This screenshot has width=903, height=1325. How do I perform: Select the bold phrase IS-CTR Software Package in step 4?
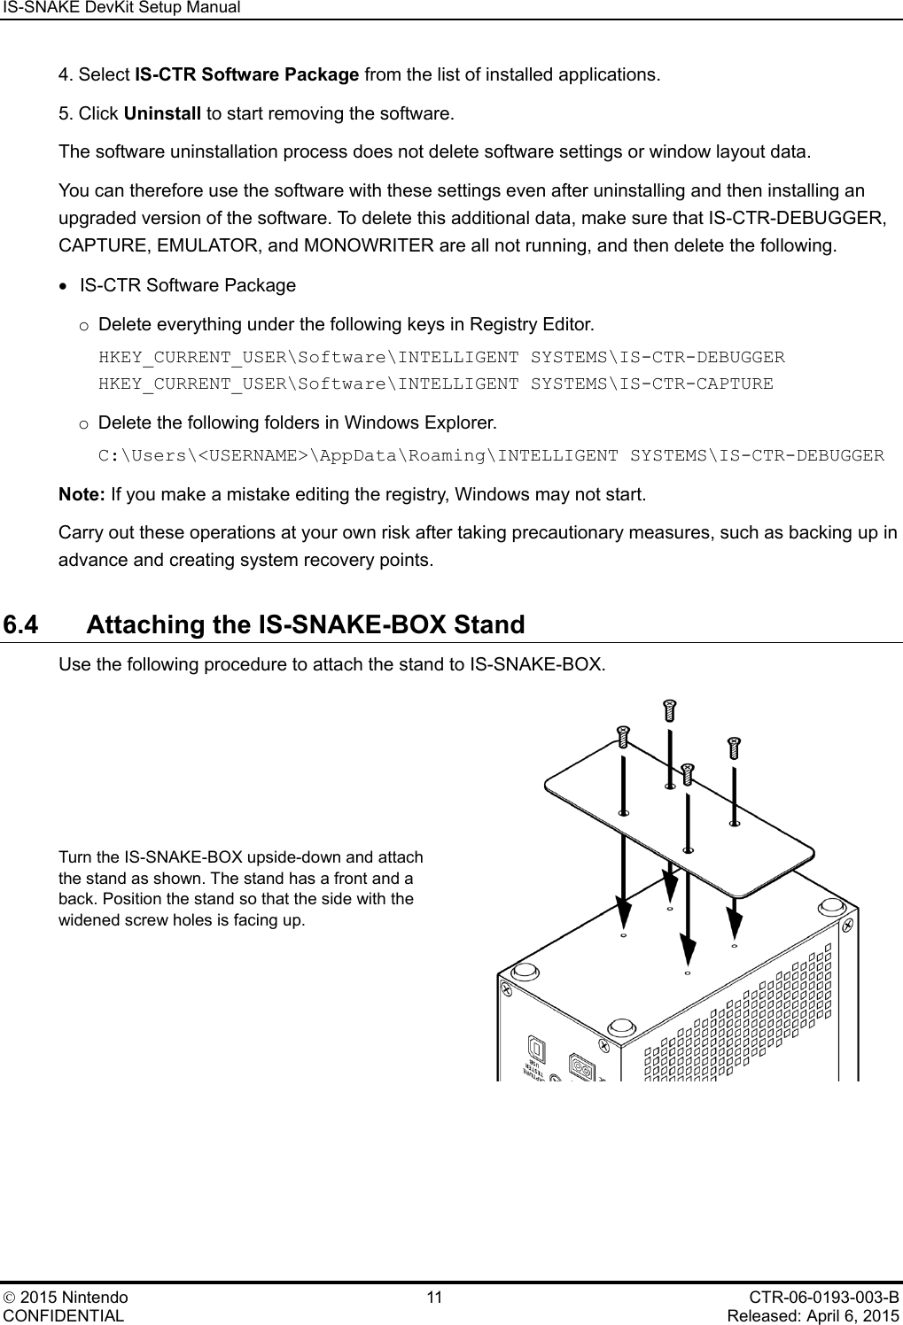[246, 74]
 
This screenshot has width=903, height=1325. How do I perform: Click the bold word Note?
[82, 493]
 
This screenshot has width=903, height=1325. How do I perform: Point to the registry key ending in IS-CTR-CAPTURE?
[435, 384]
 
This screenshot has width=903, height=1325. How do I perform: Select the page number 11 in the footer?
[434, 1298]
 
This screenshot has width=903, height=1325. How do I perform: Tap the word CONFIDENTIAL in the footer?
[65, 1315]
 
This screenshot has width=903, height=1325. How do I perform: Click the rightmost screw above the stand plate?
[734, 748]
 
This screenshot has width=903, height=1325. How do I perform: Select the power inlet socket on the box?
[580, 1065]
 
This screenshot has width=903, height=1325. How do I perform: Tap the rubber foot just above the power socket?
[620, 1027]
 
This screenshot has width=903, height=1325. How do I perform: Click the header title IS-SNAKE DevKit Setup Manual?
[121, 8]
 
